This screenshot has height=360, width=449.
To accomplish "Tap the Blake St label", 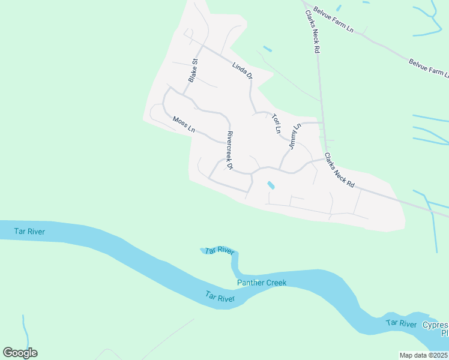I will coord(193,70).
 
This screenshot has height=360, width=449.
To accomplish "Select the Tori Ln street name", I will coord(276,123).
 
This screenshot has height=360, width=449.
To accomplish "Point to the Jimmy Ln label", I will coord(294,137).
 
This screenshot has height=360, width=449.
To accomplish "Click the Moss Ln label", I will coord(184,125).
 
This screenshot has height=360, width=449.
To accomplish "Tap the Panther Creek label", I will coord(262,283).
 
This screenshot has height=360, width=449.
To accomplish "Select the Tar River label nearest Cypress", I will coord(402,324).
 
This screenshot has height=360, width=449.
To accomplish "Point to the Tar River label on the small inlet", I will coord(218,251).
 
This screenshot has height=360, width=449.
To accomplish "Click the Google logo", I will coord(20,353).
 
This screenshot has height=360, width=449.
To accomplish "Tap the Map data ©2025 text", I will coord(423,355).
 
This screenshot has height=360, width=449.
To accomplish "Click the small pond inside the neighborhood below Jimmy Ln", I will coord(271,185).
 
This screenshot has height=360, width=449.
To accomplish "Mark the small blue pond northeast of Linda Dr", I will coord(267,49).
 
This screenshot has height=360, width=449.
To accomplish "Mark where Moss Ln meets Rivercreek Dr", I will coord(224,143).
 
